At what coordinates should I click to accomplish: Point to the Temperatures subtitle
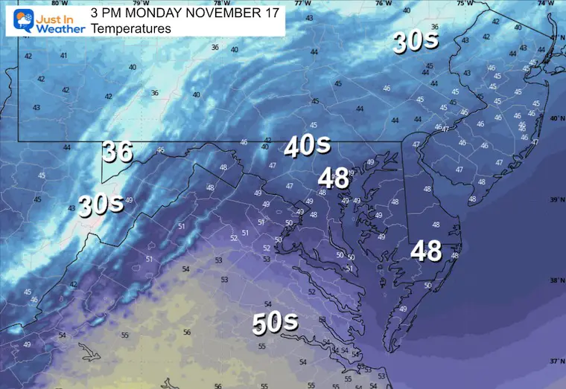point(131,29)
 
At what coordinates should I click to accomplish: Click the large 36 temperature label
point(117,151)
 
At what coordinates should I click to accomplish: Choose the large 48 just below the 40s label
point(333,178)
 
